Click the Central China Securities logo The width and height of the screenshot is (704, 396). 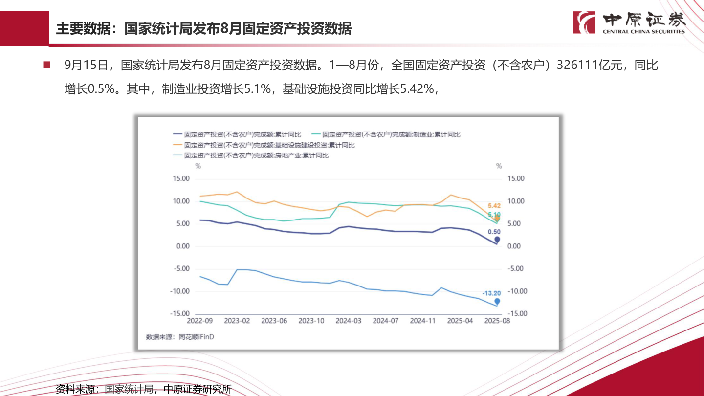coord(630,22)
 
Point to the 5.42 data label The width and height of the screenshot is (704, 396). coord(494,206)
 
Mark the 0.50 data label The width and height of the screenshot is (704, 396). coord(494,232)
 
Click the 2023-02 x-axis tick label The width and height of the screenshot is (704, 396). coord(237,321)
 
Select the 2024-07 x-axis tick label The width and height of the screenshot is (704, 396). coord(386,321)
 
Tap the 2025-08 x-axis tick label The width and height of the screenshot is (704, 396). coord(497,321)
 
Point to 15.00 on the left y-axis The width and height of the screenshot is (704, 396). coord(181,179)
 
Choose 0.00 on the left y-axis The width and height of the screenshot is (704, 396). coord(182,246)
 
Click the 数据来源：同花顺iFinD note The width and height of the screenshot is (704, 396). coord(180,337)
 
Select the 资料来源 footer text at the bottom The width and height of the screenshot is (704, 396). coord(144,389)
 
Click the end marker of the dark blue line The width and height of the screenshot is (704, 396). coord(497,240)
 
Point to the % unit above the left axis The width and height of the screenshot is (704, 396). coord(198,166)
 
